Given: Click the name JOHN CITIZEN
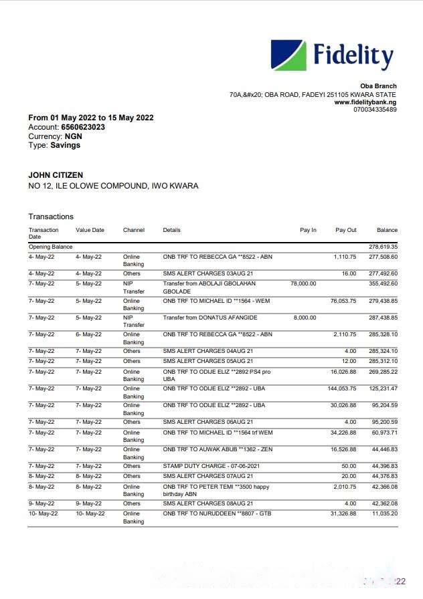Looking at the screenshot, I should [56, 175].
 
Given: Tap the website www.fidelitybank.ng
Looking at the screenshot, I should [365, 102].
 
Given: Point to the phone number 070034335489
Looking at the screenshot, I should [375, 110].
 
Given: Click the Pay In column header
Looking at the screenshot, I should [308, 231].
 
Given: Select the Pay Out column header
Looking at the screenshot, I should [346, 231].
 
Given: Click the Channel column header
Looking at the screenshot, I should [134, 231].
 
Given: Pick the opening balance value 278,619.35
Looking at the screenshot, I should [383, 247].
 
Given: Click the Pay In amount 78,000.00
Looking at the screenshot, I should [303, 283].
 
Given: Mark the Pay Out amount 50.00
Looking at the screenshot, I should [349, 466].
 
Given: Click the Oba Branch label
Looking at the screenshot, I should [378, 86].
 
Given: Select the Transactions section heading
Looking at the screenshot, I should [51, 217].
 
